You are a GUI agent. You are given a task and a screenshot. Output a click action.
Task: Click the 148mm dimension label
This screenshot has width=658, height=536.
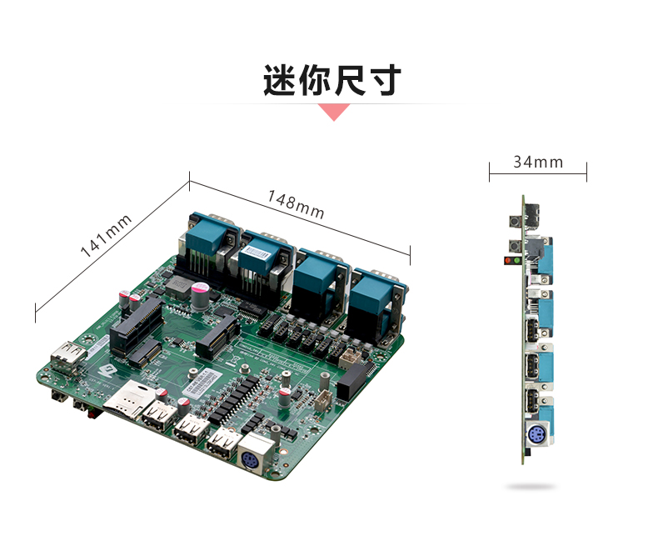click(x=296, y=204)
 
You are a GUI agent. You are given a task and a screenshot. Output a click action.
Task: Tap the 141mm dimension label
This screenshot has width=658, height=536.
click(x=106, y=236)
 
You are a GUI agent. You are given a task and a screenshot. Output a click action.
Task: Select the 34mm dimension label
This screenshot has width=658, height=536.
click(x=538, y=163)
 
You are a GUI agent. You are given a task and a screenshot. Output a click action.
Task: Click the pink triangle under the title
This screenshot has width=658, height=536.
click(x=334, y=113)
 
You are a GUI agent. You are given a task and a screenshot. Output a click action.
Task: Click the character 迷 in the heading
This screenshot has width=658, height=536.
click(x=280, y=80)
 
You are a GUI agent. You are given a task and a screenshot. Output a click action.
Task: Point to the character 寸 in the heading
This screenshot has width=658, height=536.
click(x=384, y=80)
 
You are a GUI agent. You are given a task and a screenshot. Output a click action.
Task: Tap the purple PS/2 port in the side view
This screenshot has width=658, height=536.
click(x=537, y=434)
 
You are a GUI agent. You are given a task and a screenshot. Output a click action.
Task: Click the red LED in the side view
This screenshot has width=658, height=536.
click(x=509, y=260)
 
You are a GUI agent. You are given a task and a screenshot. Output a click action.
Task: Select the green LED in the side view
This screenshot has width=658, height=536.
click(x=516, y=260)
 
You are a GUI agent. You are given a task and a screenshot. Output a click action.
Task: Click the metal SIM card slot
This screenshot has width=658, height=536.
click(x=130, y=398)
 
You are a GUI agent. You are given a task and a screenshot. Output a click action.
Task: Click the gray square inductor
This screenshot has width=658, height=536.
click(x=177, y=288)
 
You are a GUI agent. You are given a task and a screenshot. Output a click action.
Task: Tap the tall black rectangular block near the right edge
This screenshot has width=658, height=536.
click(x=351, y=382)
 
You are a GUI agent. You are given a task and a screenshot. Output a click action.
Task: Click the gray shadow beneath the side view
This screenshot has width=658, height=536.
click(x=531, y=487)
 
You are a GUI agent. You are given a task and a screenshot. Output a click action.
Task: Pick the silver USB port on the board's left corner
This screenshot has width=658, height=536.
click(x=67, y=358)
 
